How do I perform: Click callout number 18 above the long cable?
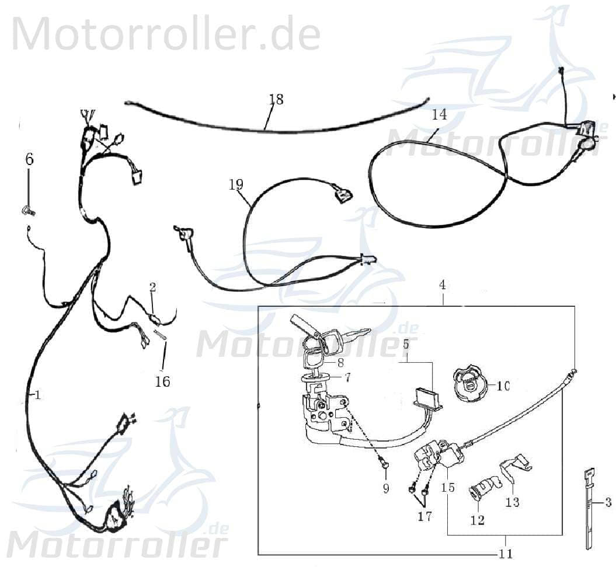pos(276,99)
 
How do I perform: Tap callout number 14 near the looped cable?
pos(439,114)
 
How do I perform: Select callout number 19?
pos(236,185)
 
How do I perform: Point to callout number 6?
pos(29,158)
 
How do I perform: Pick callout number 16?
pos(162,381)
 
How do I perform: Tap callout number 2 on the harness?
pos(152,286)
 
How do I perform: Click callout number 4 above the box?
pos(443,285)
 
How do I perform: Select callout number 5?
pos(405,344)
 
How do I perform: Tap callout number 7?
pos(347,377)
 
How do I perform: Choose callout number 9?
pos(385,488)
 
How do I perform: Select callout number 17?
pos(426,516)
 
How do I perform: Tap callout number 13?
pos(512,502)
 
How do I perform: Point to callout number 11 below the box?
pos(506,554)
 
